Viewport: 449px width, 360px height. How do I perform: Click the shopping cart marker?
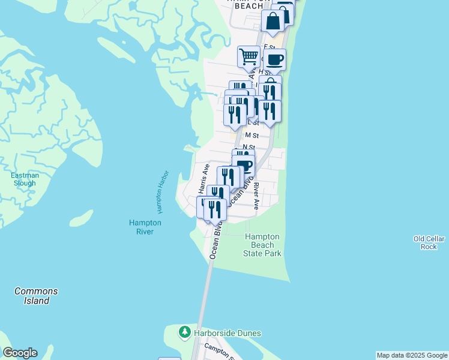(249, 57)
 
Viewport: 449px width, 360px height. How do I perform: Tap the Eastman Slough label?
(25, 179)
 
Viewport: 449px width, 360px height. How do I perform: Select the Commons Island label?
(36, 296)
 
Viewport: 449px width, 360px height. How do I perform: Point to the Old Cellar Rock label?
(429, 242)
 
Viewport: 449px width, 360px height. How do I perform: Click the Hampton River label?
(145, 227)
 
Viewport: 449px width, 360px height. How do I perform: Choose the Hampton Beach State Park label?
(263, 245)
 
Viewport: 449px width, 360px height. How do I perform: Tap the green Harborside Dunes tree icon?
(185, 332)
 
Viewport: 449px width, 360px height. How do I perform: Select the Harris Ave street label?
(203, 178)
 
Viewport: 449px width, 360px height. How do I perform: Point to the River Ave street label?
(256, 196)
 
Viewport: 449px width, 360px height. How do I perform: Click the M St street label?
(251, 136)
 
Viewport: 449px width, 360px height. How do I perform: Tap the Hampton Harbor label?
(162, 193)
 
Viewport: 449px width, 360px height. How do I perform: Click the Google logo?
(20, 353)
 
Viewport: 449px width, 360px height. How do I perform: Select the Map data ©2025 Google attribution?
(412, 355)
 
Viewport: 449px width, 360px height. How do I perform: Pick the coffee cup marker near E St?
(274, 60)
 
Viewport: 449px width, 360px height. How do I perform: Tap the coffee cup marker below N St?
(244, 166)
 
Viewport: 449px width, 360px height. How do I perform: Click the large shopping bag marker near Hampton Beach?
(273, 21)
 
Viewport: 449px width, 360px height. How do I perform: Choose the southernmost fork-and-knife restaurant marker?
(215, 209)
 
